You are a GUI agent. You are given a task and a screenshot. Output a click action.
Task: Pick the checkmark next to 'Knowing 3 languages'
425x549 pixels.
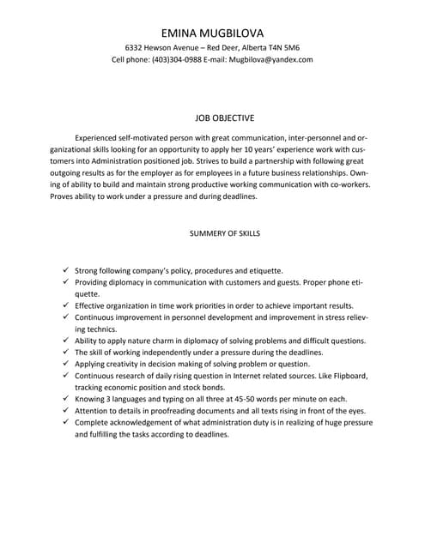tap(65, 399)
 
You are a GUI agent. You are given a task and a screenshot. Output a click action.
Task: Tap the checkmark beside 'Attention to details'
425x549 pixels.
tap(65, 411)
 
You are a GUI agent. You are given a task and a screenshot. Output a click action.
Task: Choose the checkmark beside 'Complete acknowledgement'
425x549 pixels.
tap(65, 423)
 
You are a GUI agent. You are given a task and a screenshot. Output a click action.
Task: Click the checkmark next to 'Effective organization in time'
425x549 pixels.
tap(65, 305)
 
